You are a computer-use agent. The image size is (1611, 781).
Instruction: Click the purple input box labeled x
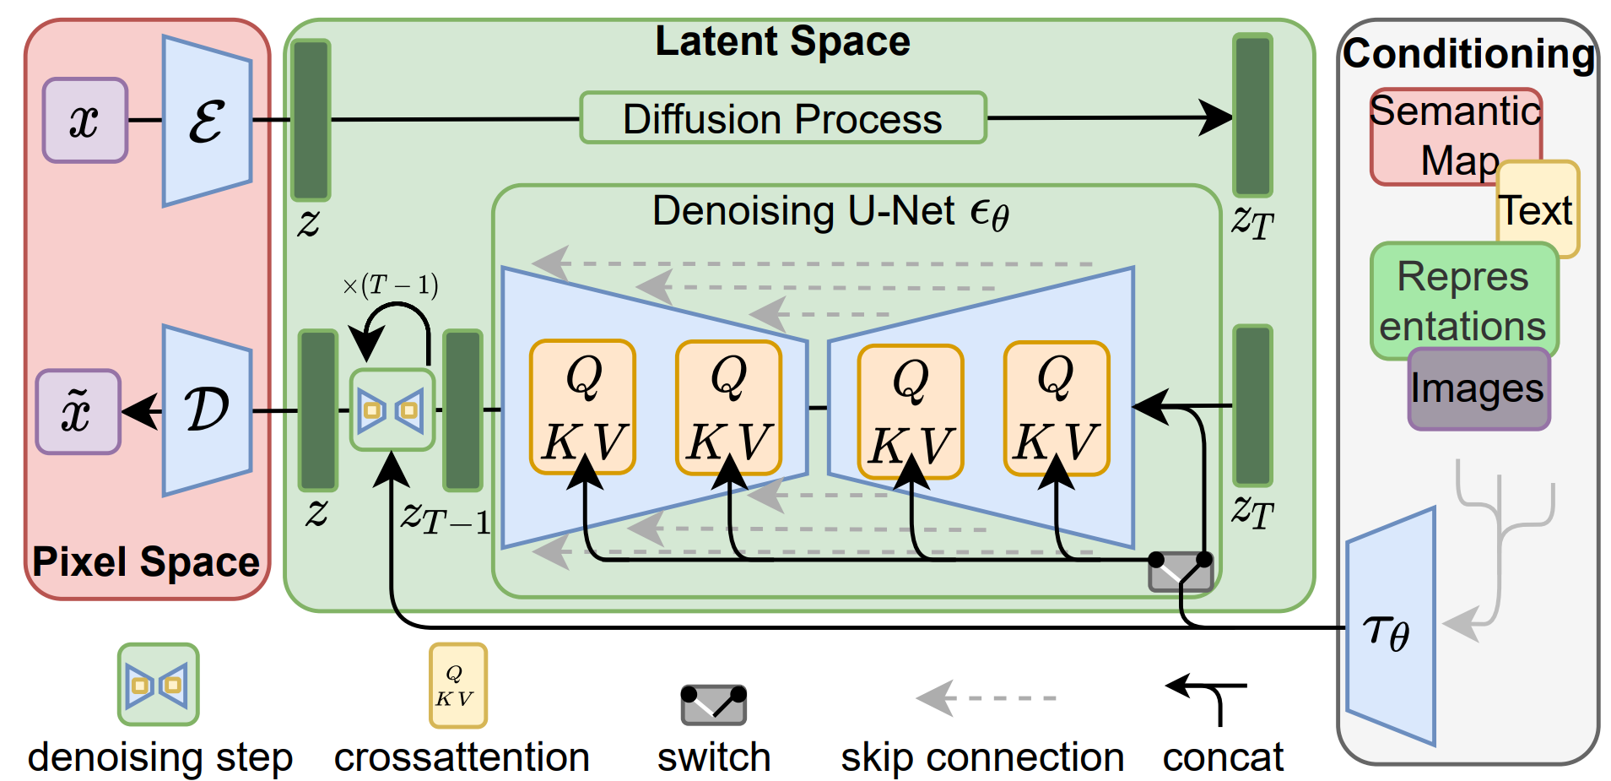click(x=85, y=120)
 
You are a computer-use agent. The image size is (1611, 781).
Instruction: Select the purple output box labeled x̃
click(x=78, y=411)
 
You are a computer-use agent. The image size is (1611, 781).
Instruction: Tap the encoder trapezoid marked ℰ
click(x=207, y=121)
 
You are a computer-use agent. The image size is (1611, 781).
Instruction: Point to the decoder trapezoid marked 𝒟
click(x=207, y=410)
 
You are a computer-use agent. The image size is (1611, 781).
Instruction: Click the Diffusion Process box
click(x=782, y=118)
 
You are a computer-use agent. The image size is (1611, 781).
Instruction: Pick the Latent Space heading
click(x=782, y=41)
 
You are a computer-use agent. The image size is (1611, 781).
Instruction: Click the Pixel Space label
click(x=146, y=561)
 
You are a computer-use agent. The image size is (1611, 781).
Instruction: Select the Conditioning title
click(x=1468, y=53)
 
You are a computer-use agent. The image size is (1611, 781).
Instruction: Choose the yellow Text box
click(x=1537, y=210)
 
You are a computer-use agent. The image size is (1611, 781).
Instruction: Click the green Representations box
click(x=1463, y=301)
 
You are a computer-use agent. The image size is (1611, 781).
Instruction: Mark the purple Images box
click(x=1478, y=389)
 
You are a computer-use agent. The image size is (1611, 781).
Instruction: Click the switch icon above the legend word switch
click(x=713, y=704)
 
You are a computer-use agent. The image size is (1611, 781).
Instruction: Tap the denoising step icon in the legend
click(x=158, y=684)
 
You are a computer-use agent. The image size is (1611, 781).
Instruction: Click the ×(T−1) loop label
click(x=390, y=285)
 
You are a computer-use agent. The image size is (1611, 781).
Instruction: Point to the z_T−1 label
click(x=445, y=516)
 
